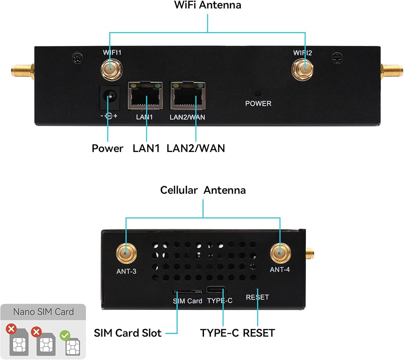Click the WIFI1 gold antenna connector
tap(112, 69)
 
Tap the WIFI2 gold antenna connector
tap(302, 69)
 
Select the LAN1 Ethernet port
tap(145, 96)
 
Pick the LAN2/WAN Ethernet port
tap(188, 96)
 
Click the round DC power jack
tap(110, 98)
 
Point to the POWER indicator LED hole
tap(258, 93)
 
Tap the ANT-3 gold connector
tap(126, 253)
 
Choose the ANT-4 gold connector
tap(280, 253)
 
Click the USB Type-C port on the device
tap(216, 290)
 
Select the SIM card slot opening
tap(187, 292)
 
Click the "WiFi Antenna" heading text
tap(208, 5)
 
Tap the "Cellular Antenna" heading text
tap(203, 190)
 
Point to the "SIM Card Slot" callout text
tap(128, 333)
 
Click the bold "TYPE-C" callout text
tap(219, 333)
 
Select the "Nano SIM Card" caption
tap(44, 312)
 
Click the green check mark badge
tap(65, 335)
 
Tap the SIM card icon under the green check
tap(73, 347)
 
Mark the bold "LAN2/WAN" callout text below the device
tap(196, 148)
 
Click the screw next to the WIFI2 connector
tap(337, 58)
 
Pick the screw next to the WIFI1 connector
tap(77, 58)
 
